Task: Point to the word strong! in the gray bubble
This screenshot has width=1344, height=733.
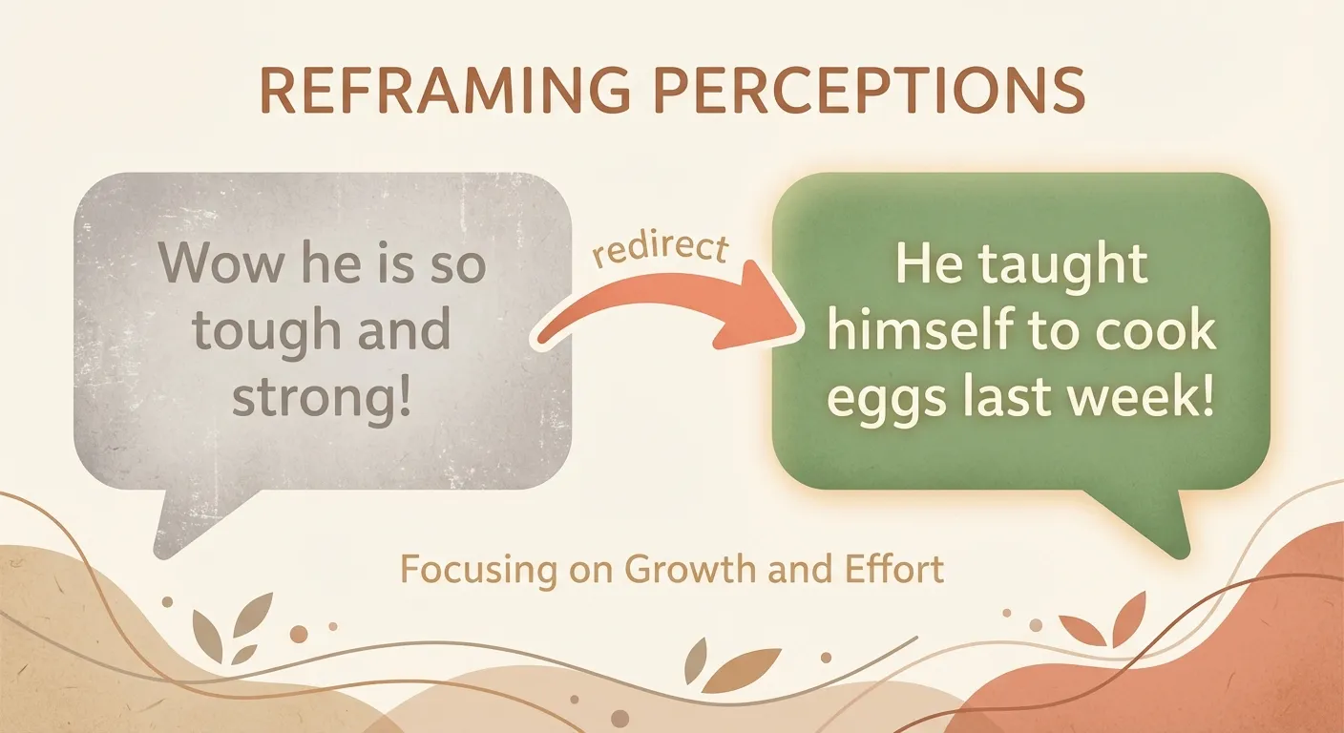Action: pos(323,396)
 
